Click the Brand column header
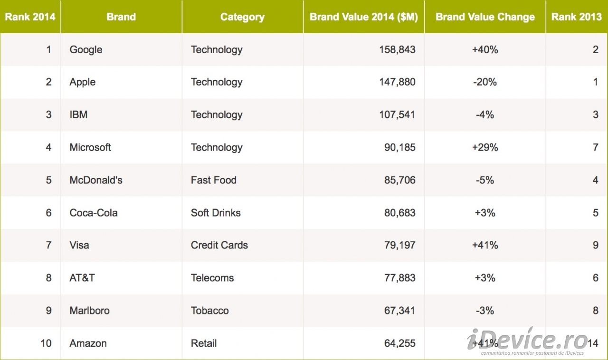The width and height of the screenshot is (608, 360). [121, 17]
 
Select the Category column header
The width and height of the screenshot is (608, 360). [242, 17]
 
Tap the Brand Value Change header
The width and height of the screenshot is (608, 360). [485, 17]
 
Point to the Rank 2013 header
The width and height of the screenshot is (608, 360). [577, 17]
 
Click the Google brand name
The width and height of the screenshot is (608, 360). [86, 50]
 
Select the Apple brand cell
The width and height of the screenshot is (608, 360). [83, 82]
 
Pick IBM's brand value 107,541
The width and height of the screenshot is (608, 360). [397, 115]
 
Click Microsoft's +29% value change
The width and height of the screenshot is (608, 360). [485, 148]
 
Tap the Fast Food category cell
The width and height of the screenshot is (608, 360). [214, 180]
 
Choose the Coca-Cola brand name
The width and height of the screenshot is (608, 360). [94, 213]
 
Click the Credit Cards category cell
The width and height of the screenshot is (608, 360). [219, 246]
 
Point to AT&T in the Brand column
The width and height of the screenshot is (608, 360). [82, 278]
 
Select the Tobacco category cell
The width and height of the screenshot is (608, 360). [210, 311]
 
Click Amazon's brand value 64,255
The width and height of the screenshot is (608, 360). [399, 343]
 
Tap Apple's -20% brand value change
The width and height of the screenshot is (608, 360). [485, 82]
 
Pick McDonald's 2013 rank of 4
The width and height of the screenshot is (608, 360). [595, 180]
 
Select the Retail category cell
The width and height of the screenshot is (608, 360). [204, 343]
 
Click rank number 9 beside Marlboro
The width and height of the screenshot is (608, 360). [48, 311]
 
